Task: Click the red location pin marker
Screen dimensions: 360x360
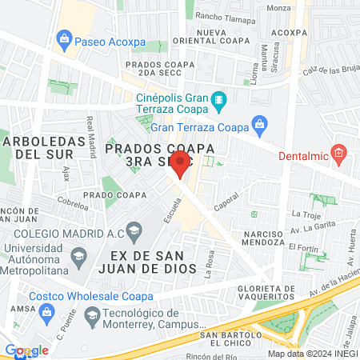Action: (180, 165)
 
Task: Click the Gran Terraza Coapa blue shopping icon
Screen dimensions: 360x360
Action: (258, 123)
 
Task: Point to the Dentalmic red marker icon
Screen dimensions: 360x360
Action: (339, 152)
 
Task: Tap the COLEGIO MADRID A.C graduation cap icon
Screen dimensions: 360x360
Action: (133, 232)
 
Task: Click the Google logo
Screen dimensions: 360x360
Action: (26, 350)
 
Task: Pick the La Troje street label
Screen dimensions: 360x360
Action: (306, 214)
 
